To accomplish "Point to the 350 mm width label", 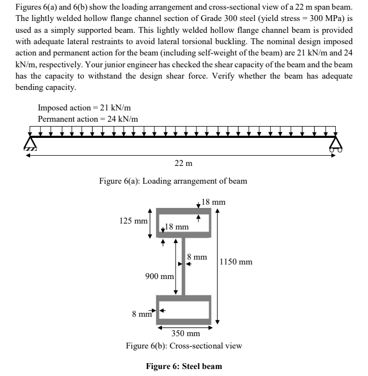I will (186, 333).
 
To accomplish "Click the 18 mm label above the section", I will (213, 203).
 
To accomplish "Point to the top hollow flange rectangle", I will (183, 222).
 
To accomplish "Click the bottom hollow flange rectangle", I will (183, 310).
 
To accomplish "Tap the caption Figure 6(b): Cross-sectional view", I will (183, 345).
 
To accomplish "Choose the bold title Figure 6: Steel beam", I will (184, 366).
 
